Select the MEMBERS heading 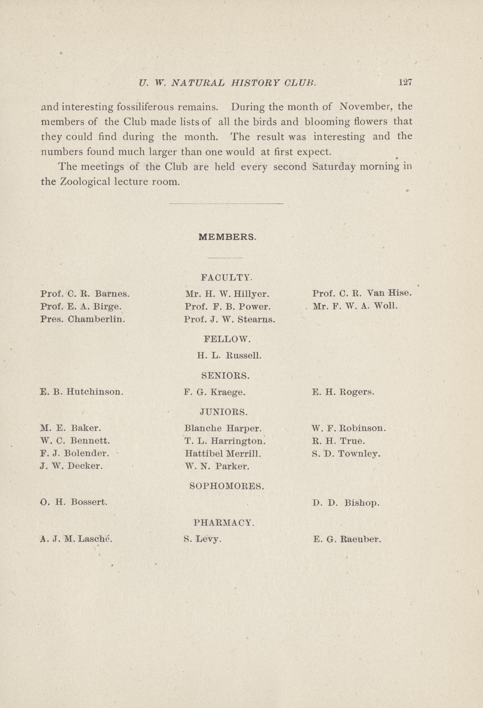tap(227, 237)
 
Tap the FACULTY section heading tap(226, 277)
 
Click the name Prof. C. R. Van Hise tap(362, 293)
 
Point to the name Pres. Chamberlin tap(83, 319)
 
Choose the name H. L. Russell tap(229, 355)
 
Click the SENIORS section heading tap(226, 376)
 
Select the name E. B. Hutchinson tap(82, 391)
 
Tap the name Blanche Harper tap(223, 428)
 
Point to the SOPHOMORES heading tap(227, 486)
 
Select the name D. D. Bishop tap(346, 502)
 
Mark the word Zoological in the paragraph tap(84, 182)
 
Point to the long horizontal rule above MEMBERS tap(227, 204)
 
